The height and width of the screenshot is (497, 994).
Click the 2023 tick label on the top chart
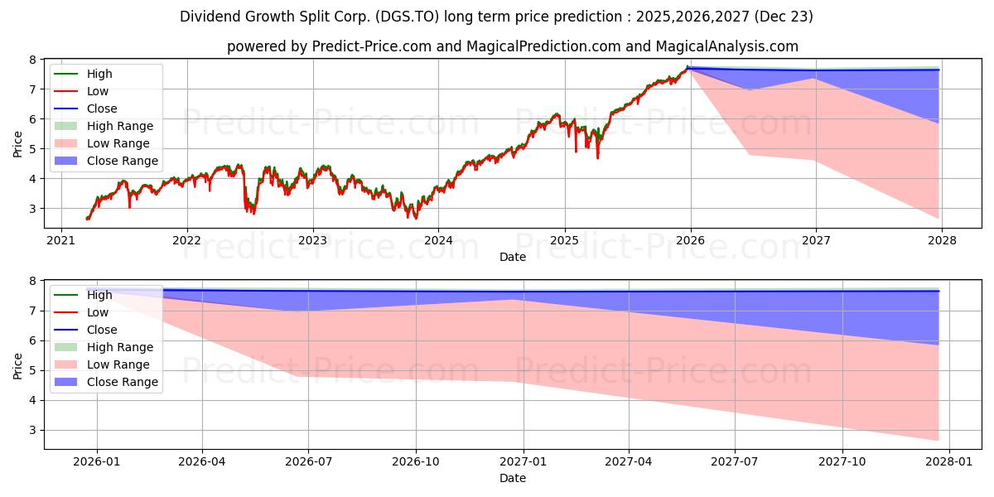tap(312, 240)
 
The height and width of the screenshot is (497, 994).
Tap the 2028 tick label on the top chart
tap(943, 240)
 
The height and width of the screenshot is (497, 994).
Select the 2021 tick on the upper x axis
tap(60, 240)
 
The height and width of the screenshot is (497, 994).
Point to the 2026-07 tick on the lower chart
tap(308, 461)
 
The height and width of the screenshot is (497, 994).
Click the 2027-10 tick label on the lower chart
tap(842, 461)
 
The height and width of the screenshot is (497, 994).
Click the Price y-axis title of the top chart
tap(17, 144)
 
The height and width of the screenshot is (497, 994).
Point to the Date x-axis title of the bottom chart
tap(513, 478)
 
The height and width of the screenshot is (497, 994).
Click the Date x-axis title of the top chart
tap(513, 257)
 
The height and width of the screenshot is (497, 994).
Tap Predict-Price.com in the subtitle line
tap(371, 47)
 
